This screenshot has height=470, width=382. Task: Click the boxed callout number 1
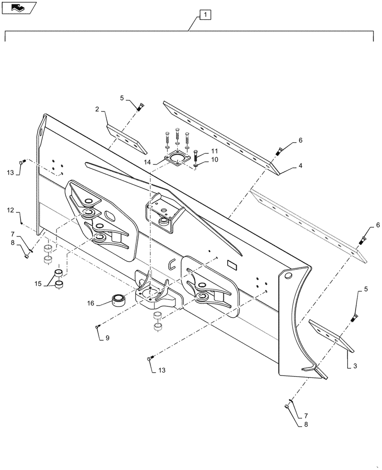click(206, 15)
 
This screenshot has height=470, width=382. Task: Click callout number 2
click(97, 109)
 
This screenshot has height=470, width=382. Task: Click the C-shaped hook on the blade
click(173, 266)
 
